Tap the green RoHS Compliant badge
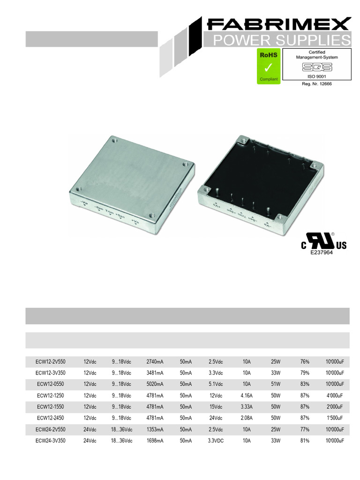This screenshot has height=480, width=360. click(x=268, y=66)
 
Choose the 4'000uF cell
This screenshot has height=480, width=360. click(x=335, y=396)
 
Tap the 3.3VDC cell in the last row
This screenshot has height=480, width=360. click(x=216, y=441)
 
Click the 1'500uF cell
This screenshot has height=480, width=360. click(x=335, y=418)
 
